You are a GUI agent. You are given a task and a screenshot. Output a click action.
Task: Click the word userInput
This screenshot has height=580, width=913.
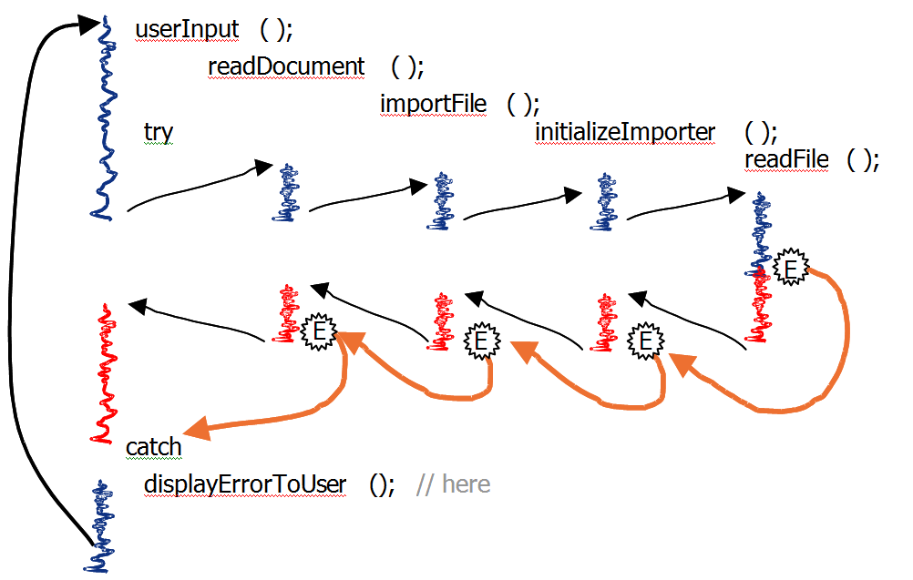tap(187, 29)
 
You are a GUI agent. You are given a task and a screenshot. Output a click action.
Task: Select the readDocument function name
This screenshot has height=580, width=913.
tap(286, 66)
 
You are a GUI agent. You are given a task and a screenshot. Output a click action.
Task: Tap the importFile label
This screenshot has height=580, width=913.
tap(433, 103)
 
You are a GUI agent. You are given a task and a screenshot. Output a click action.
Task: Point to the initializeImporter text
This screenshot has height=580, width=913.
tap(625, 132)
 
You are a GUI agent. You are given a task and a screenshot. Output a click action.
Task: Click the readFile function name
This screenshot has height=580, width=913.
tap(786, 160)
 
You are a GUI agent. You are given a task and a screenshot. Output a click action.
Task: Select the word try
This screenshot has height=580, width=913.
tap(159, 133)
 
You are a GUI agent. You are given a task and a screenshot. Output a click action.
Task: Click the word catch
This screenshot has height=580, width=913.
tap(153, 447)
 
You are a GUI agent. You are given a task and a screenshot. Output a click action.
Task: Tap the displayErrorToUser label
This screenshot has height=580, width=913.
tap(245, 484)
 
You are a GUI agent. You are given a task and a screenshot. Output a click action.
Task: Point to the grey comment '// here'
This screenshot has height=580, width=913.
tap(453, 484)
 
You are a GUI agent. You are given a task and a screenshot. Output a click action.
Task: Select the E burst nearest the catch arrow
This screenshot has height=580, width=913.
tap(319, 332)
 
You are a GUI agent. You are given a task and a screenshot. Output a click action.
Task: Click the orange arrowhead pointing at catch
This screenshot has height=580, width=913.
tap(197, 429)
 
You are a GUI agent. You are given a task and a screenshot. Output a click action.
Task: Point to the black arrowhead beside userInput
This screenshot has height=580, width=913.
tap(90, 25)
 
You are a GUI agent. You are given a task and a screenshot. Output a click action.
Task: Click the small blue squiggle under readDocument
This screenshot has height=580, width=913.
tap(289, 193)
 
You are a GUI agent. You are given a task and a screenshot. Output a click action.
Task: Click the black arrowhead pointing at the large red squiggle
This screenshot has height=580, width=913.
tap(138, 305)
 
